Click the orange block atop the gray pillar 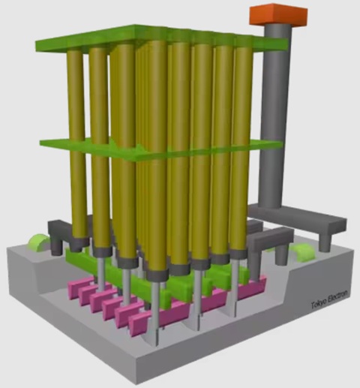pyautogui.click(x=278, y=14)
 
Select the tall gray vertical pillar pyautogui.click(x=275, y=115)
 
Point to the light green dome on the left pyautogui.click(x=37, y=243)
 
